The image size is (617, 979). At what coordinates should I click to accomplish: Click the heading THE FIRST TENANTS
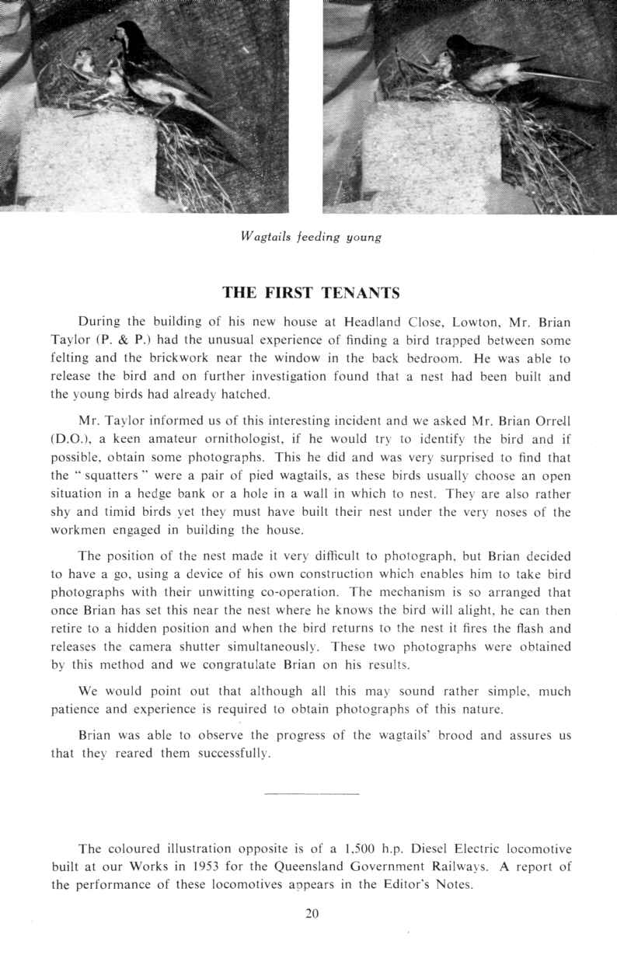point(311,293)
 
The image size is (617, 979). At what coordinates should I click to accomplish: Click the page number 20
point(312,914)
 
